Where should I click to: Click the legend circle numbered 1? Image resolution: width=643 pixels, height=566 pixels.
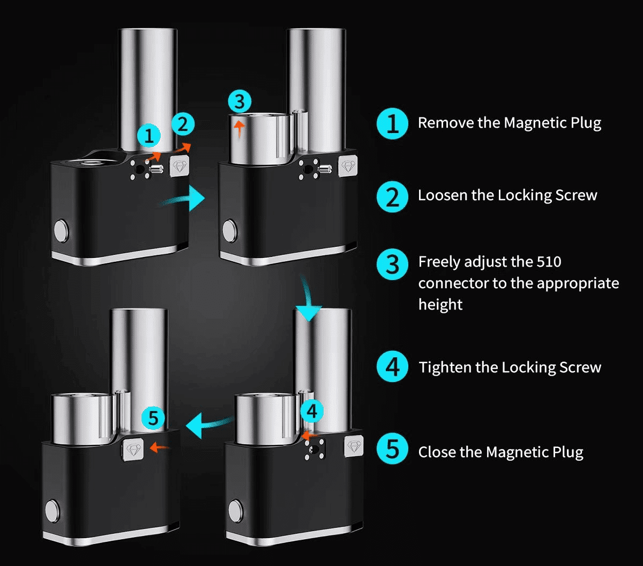tap(393, 123)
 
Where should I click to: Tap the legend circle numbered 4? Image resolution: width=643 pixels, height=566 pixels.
tap(393, 367)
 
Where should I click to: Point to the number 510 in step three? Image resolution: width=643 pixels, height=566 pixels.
tap(549, 262)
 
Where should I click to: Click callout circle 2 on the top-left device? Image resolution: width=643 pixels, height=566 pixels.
tap(182, 124)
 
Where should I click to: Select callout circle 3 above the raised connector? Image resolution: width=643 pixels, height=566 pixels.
tap(240, 101)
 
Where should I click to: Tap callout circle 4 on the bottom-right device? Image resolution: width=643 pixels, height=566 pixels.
tap(312, 411)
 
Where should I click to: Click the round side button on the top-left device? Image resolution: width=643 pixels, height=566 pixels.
tap(61, 231)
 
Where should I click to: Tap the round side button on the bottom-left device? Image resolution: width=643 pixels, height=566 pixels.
tap(52, 511)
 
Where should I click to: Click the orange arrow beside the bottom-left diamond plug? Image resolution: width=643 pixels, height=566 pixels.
tap(159, 447)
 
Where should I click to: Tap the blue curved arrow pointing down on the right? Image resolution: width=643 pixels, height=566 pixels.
tap(308, 300)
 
